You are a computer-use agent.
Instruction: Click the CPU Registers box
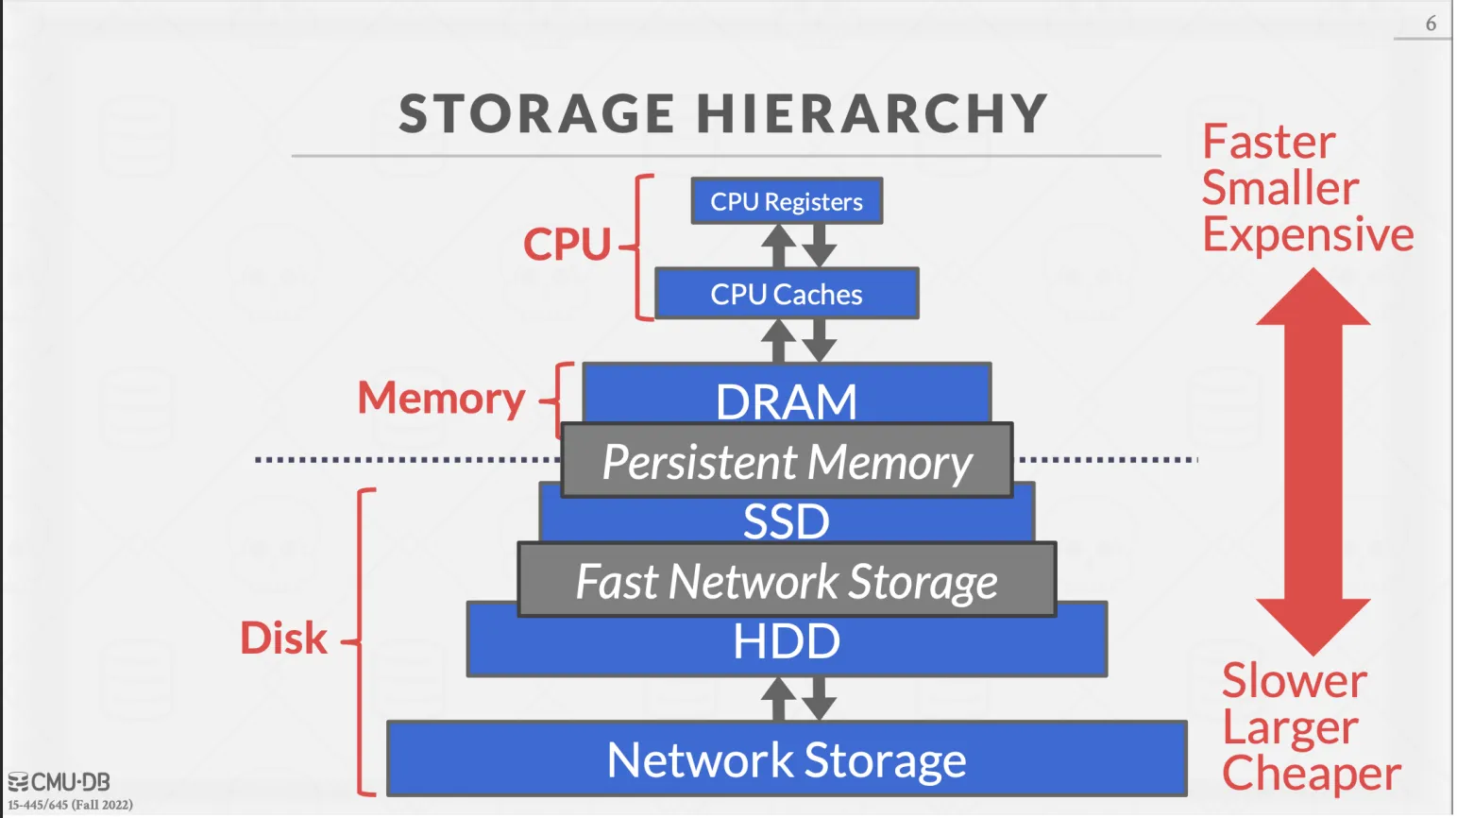coord(787,201)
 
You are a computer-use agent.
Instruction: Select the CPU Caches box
coord(787,294)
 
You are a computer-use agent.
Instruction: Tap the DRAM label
coord(787,400)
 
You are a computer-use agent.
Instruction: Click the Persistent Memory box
coord(787,461)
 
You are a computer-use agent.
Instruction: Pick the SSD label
coord(787,521)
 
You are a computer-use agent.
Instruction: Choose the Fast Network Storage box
coord(787,580)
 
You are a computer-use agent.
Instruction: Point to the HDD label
coord(787,642)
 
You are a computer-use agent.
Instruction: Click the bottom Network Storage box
coord(787,759)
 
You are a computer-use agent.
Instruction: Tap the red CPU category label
coord(568,244)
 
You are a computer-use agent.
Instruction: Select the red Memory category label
coord(441,399)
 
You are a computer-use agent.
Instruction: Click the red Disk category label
coord(283,639)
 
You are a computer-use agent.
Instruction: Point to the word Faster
coord(1269,143)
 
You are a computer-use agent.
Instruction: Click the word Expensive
coord(1308,234)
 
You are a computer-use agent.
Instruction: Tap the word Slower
coord(1295,680)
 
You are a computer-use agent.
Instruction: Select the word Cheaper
coord(1312,774)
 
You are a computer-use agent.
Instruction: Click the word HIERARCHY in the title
coord(873,113)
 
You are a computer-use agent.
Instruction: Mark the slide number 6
coord(1431,24)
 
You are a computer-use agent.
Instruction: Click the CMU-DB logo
coord(59,782)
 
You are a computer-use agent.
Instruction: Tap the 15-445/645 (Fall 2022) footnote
coord(71,805)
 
